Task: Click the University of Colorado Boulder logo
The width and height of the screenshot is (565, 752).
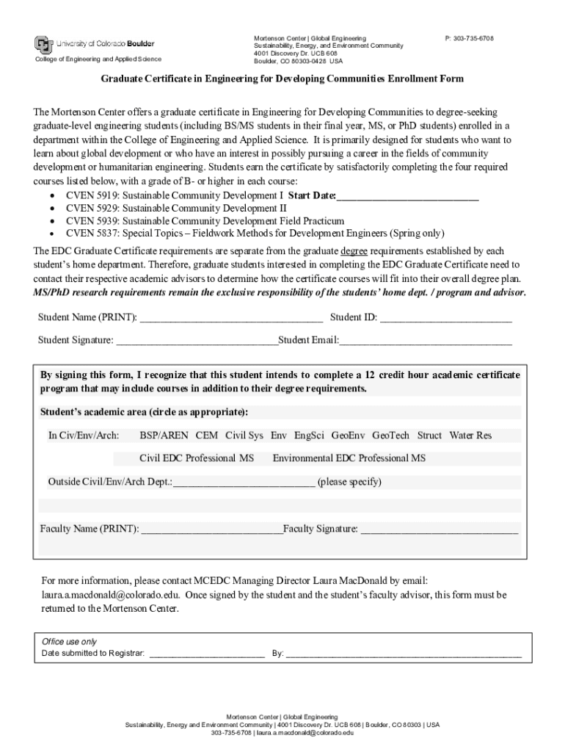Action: click(95, 44)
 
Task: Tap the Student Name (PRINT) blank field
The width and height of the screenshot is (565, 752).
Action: click(231, 318)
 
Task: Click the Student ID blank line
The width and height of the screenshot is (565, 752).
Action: click(445, 318)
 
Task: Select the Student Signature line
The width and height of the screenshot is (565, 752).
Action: click(197, 341)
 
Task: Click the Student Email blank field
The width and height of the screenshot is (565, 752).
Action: click(426, 341)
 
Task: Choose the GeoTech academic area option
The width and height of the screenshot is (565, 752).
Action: click(390, 435)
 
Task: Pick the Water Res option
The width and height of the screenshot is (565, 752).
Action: click(470, 435)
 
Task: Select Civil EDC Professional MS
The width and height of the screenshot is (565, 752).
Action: click(197, 458)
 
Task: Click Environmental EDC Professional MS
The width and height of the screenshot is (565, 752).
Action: click(349, 458)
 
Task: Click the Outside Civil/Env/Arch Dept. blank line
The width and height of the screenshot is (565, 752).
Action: click(244, 482)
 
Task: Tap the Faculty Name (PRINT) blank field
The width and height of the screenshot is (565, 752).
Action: click(211, 529)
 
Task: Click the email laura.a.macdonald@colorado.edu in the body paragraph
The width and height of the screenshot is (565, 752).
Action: click(110, 595)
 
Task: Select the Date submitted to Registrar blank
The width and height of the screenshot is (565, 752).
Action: click(207, 653)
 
